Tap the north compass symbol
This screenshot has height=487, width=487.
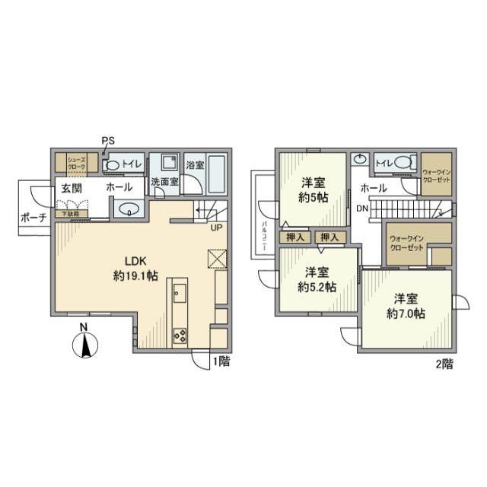[87, 345]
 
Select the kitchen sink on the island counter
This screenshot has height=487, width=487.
[180, 293]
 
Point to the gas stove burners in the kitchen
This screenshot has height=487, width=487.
[181, 333]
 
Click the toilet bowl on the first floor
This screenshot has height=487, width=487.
[113, 164]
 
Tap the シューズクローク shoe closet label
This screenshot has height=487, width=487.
[76, 162]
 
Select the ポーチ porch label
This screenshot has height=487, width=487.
[34, 217]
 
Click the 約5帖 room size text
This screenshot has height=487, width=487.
[312, 197]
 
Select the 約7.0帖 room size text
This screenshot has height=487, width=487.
[404, 313]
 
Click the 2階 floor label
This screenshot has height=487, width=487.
[444, 364]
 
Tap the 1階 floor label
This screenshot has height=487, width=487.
[221, 361]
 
